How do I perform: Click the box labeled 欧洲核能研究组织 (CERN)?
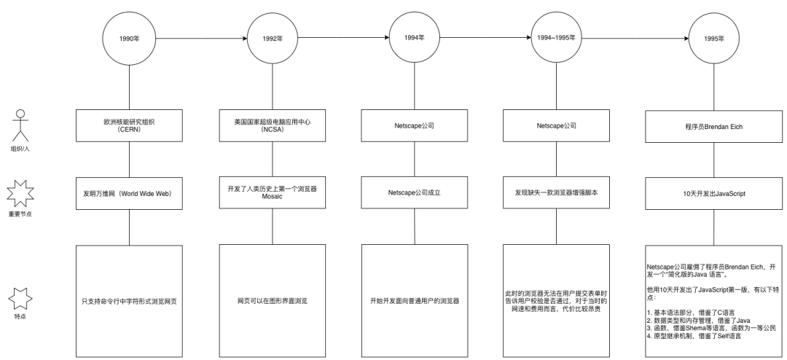click(129, 125)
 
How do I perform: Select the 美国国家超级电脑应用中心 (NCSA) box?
click(273, 125)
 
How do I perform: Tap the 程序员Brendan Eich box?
click(713, 126)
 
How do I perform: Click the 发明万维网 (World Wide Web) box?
click(129, 193)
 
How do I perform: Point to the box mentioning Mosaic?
click(273, 192)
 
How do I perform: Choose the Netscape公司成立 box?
click(414, 193)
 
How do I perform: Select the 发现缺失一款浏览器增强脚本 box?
click(556, 193)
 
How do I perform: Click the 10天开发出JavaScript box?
click(713, 193)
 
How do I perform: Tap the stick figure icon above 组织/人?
click(20, 125)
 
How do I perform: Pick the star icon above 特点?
click(20, 300)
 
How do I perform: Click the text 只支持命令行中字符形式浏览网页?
click(129, 301)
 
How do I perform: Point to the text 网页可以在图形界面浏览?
click(273, 301)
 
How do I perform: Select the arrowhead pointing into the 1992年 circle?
click(244, 39)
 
